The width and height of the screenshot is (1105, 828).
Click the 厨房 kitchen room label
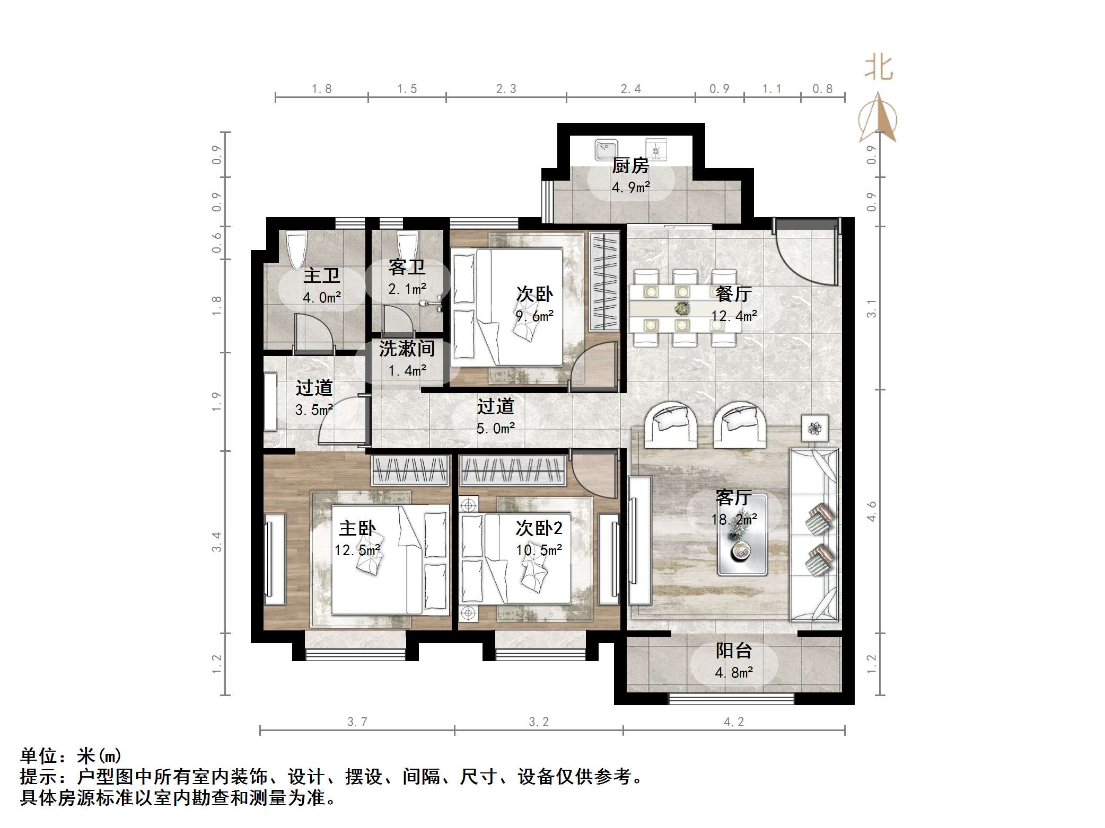coord(630,166)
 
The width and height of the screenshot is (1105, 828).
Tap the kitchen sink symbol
coord(606,149)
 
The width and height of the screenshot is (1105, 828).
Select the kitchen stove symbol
coord(656,150)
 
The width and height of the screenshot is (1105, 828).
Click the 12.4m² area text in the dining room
coord(734,316)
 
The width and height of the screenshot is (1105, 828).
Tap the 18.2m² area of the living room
coord(734,520)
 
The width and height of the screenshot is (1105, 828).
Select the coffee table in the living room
coord(742,535)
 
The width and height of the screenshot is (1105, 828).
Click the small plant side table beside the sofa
coord(814,428)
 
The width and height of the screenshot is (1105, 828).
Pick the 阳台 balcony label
coord(734,651)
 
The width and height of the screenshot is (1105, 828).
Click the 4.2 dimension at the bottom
coord(734,722)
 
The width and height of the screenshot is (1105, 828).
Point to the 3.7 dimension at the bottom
coord(357,722)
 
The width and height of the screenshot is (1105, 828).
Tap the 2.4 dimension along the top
coord(631,89)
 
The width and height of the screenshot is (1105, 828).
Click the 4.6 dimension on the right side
coord(872,511)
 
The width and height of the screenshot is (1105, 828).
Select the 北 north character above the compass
coord(879,68)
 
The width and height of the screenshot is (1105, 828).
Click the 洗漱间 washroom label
coord(407,349)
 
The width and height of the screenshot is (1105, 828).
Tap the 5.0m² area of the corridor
coord(495,429)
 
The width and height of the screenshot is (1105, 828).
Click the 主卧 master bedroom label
coord(357,528)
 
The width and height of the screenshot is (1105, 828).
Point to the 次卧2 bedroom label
coord(539,528)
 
